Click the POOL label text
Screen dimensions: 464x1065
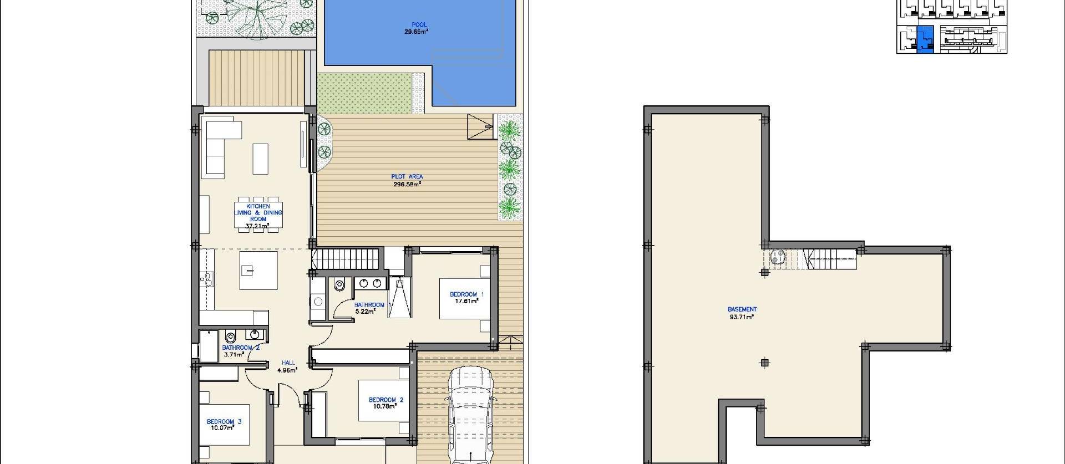point(419,24)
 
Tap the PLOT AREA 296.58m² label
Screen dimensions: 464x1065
point(407,180)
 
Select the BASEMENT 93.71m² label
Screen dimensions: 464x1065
point(742,313)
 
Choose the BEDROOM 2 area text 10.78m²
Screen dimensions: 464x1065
point(384,406)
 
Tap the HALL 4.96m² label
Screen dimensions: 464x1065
point(288,366)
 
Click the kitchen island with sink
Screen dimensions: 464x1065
point(258,270)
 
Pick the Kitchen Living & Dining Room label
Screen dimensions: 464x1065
point(258,216)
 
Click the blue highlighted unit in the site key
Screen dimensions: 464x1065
point(925,39)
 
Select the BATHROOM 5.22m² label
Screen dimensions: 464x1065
point(368,308)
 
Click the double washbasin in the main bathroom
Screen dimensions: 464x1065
point(370,283)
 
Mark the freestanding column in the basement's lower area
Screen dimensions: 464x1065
point(765,363)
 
